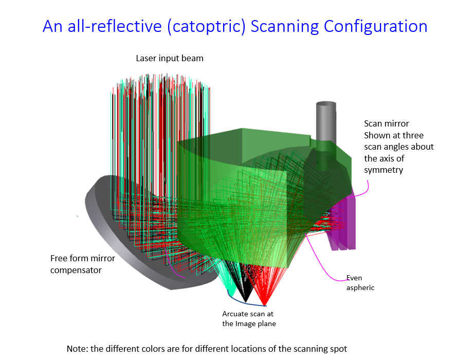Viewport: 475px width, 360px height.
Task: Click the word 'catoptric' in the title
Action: pyautogui.click(x=206, y=26)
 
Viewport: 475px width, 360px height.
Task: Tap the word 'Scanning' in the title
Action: pyautogui.click(x=285, y=26)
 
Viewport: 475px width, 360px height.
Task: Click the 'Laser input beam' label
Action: pyautogui.click(x=169, y=58)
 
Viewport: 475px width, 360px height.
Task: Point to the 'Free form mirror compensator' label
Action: pyautogui.click(x=83, y=264)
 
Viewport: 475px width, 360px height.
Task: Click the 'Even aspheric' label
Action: pyautogui.click(x=360, y=282)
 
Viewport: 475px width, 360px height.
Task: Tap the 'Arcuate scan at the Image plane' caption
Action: pyautogui.click(x=249, y=318)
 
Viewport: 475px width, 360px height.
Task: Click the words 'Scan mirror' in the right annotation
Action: pyautogui.click(x=386, y=123)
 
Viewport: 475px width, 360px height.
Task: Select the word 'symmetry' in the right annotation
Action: pyautogui.click(x=383, y=170)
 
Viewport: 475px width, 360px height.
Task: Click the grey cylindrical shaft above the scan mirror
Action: pyautogui.click(x=326, y=121)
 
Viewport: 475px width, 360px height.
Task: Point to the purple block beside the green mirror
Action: pyautogui.click(x=344, y=221)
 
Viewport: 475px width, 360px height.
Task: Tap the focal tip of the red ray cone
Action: pyautogui.click(x=264, y=305)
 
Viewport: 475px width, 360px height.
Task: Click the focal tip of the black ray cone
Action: pyautogui.click(x=246, y=302)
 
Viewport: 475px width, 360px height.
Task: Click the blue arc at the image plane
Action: pyautogui.click(x=242, y=302)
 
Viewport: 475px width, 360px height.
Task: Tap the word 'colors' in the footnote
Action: pyautogui.click(x=168, y=349)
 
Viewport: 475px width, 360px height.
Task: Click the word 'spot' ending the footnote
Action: pyautogui.click(x=338, y=349)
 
